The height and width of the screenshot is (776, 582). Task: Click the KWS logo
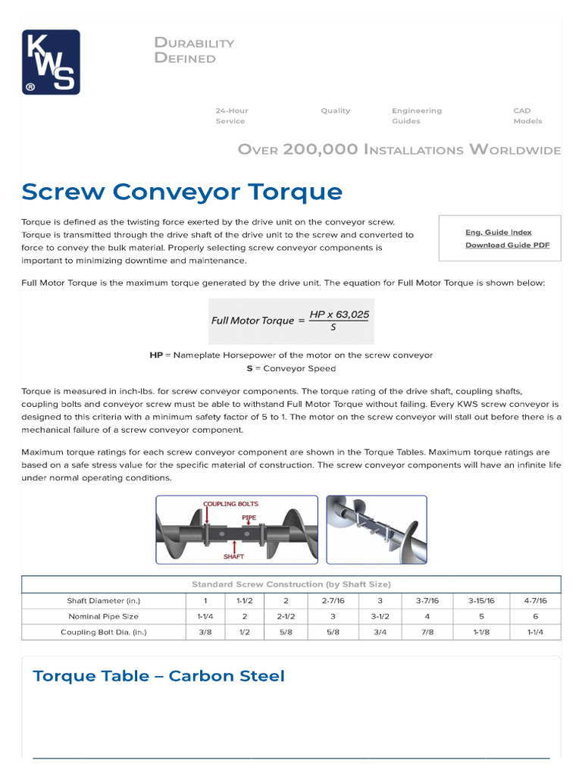52,62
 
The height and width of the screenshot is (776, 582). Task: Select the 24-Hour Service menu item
231,116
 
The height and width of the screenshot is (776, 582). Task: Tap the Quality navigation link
335,111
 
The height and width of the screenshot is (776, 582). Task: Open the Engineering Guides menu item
416,116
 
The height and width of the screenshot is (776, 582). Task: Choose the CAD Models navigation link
527,116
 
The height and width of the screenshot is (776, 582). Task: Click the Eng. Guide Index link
498,233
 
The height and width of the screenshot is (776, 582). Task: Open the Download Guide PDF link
507,245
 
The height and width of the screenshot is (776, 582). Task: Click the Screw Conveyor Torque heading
182,191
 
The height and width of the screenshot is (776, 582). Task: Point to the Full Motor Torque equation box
291,321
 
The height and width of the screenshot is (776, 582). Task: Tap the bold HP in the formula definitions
156,355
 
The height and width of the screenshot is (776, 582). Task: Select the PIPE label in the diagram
249,518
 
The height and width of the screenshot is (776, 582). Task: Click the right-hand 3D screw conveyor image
376,529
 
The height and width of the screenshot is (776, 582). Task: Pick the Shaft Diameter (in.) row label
104,600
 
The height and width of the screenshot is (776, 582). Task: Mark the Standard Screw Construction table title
291,584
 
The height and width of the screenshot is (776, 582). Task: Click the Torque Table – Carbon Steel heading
159,675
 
